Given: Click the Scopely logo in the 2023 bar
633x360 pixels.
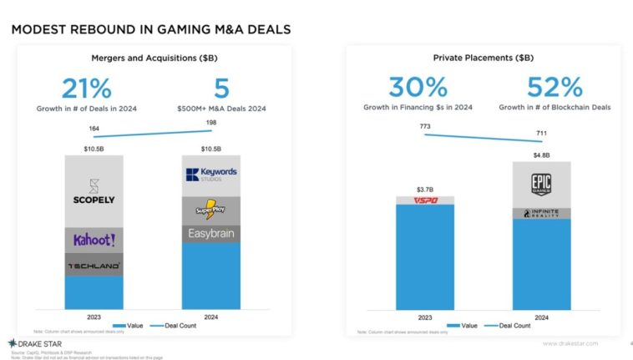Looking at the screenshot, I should pyautogui.click(x=94, y=192).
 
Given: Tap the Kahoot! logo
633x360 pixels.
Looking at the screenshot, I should pyautogui.click(x=94, y=240).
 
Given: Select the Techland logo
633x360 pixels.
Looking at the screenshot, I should pyautogui.click(x=94, y=266).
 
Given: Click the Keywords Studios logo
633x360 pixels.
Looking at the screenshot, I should pyautogui.click(x=210, y=175).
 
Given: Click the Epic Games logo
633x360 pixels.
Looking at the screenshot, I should pyautogui.click(x=541, y=184).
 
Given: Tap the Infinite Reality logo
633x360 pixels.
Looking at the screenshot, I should pyautogui.click(x=541, y=214).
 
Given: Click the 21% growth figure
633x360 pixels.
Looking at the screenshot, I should pyautogui.click(x=86, y=89).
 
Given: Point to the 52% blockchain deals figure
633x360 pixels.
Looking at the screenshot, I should pyautogui.click(x=555, y=88).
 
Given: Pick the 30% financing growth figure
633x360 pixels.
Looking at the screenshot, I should pyautogui.click(x=418, y=88).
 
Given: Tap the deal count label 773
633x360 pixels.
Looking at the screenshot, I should pyautogui.click(x=426, y=125).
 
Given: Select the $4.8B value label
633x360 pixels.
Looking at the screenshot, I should pyautogui.click(x=541, y=155).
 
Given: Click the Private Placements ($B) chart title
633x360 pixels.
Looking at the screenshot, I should pyautogui.click(x=483, y=58).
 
